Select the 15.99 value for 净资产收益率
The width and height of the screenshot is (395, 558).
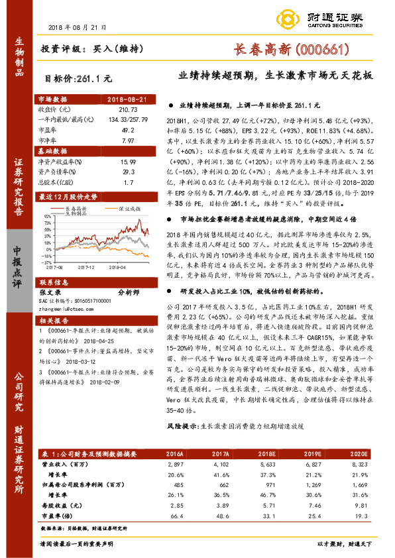(125, 162)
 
